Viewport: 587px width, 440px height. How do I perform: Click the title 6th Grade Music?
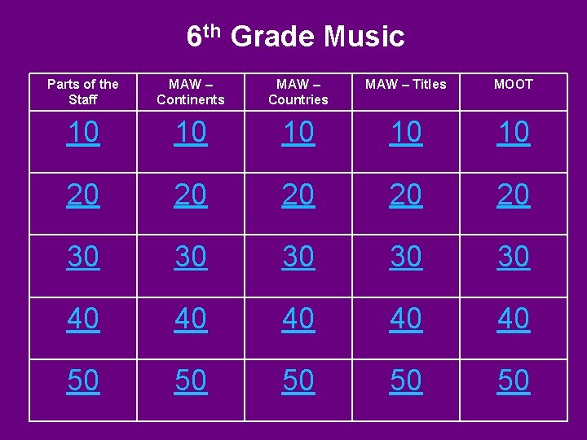coord(295,37)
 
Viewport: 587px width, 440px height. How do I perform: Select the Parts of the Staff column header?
coord(83,91)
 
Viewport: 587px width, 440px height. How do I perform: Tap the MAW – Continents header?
coord(191,91)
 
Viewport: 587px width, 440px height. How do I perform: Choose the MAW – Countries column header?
coord(298,91)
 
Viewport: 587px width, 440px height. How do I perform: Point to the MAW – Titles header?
coord(406,84)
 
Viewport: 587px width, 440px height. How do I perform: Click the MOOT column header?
coord(514,84)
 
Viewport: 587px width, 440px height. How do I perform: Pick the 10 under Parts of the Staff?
coord(83,133)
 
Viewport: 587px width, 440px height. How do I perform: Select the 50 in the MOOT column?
coord(514,381)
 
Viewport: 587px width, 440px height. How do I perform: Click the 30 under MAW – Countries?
coord(298,257)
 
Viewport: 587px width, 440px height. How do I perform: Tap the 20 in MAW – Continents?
coord(191,195)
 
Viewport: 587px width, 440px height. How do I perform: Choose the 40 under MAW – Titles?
coord(406,319)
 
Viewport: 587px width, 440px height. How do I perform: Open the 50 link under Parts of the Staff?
coord(83,381)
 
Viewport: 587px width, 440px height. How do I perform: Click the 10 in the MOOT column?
coord(514,133)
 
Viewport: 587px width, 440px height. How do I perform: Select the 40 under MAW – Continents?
coord(191,319)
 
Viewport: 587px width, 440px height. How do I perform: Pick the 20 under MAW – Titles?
coord(406,195)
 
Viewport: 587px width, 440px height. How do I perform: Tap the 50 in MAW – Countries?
coord(298,381)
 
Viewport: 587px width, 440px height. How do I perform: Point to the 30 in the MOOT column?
coord(514,257)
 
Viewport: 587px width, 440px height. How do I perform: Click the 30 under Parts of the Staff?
coord(83,257)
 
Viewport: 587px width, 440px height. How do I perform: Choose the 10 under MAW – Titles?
coord(406,133)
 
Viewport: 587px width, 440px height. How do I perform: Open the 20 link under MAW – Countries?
coord(298,195)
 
